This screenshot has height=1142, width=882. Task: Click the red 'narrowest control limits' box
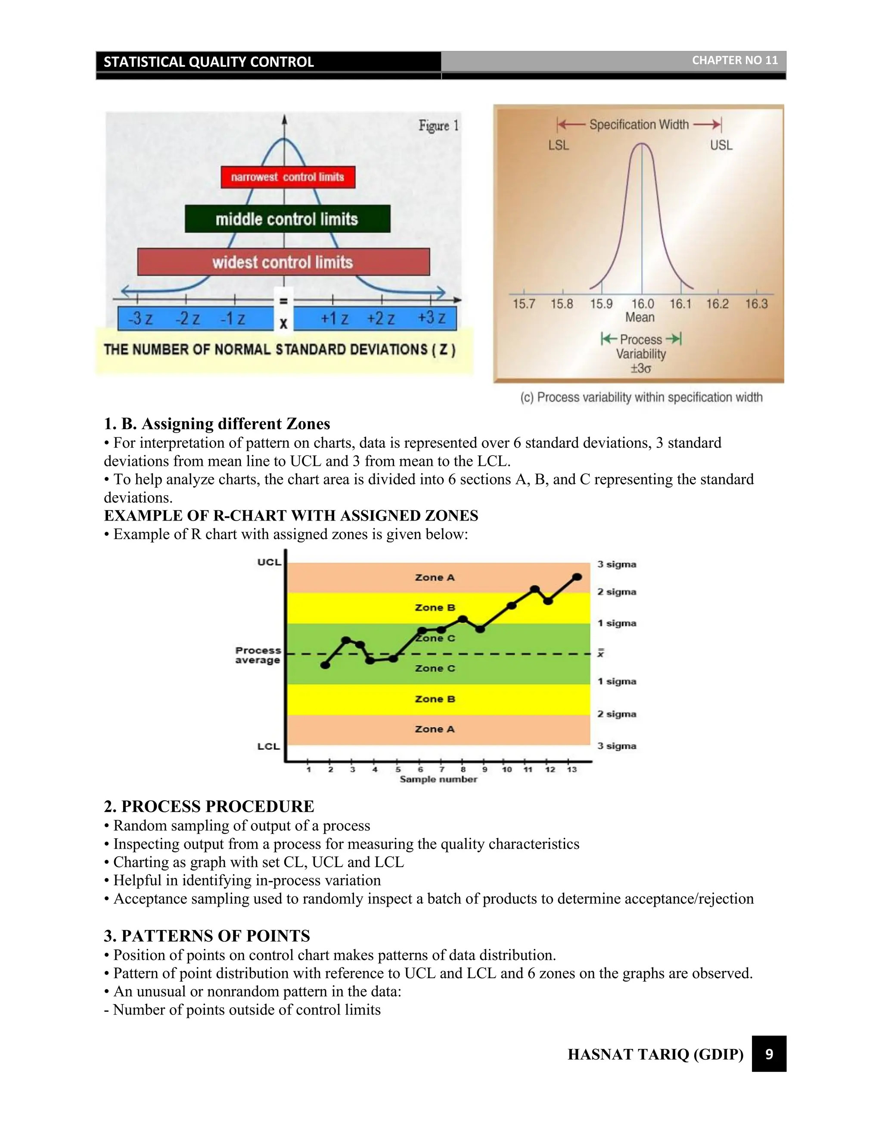[x=288, y=177]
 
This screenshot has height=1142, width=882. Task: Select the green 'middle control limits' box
[x=287, y=219]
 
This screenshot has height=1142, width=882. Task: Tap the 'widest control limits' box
[x=283, y=262]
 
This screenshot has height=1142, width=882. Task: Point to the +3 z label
[x=432, y=318]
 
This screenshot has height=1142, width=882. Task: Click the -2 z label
[x=187, y=318]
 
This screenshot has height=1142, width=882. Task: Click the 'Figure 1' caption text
[x=438, y=125]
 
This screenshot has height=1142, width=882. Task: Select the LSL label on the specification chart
[x=559, y=145]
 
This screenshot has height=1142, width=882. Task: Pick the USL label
[x=721, y=145]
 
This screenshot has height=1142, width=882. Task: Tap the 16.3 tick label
[x=756, y=304]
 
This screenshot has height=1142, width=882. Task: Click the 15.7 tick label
[x=524, y=304]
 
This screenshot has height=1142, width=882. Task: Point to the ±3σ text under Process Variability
[x=640, y=368]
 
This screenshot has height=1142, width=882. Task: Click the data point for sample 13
[x=577, y=577]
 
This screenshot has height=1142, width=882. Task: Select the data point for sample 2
[x=325, y=665]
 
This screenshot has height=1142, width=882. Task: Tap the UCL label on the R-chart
[x=269, y=562]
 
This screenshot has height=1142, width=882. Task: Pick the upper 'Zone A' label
[x=435, y=577]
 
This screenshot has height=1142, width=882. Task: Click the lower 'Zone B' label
[x=435, y=699]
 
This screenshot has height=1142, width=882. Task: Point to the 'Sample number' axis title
[x=438, y=779]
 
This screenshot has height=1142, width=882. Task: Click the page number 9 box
[x=769, y=1054]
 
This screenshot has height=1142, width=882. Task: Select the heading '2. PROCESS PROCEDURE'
[x=209, y=806]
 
